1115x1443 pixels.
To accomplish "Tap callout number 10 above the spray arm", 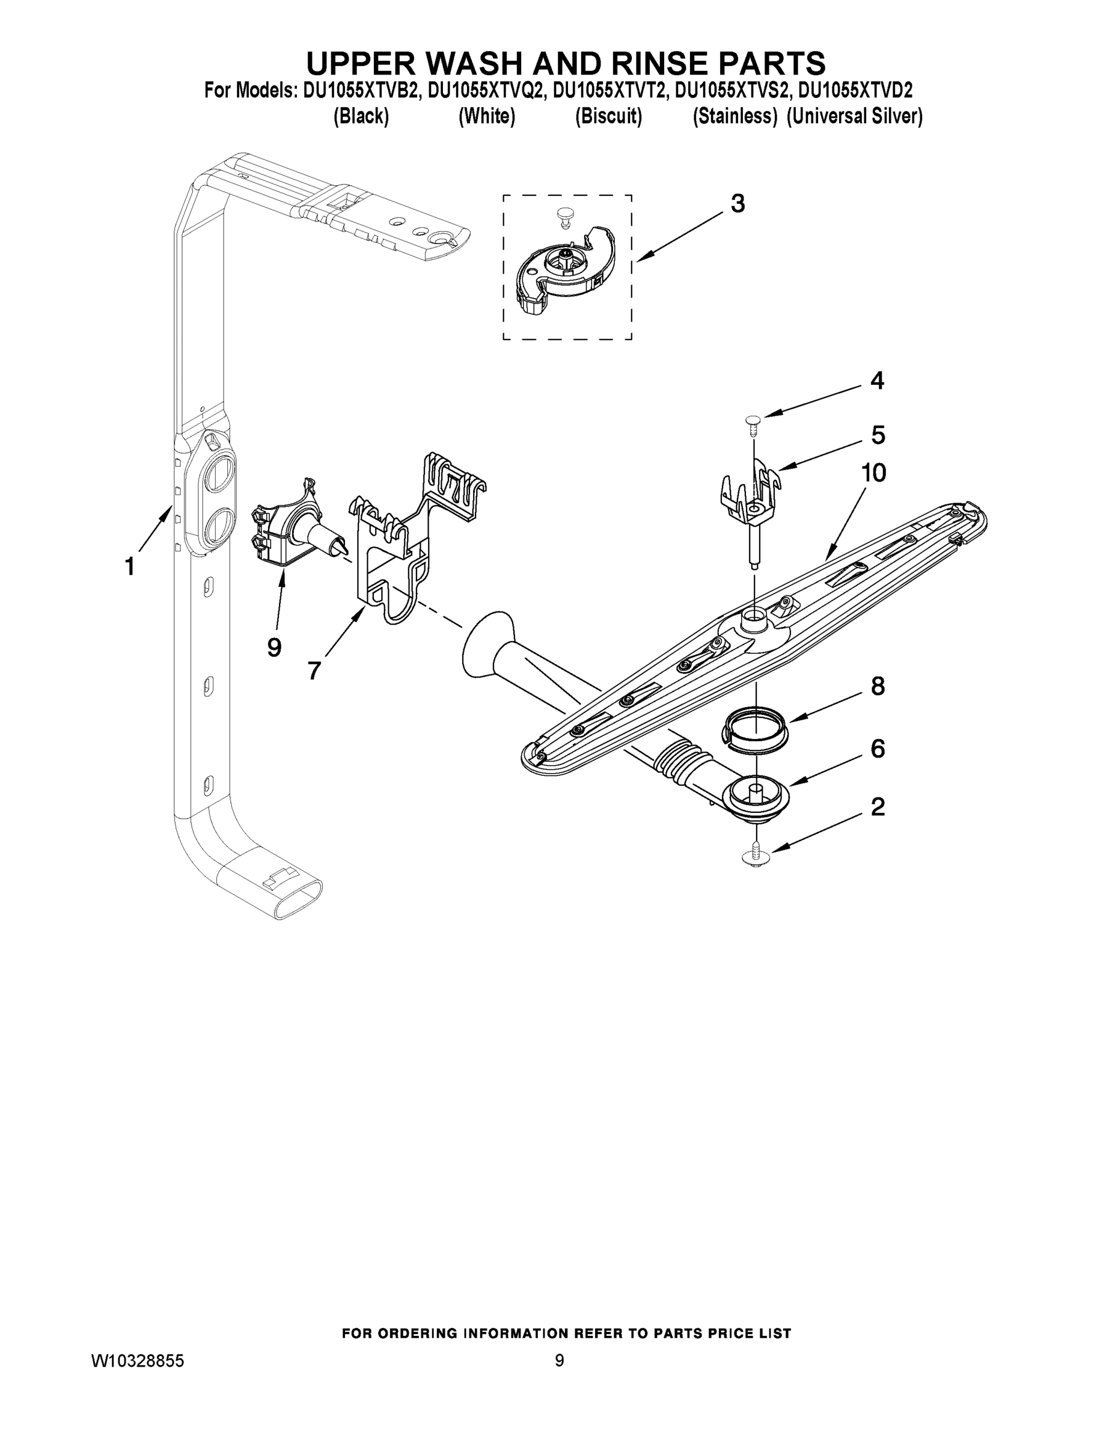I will tap(873, 473).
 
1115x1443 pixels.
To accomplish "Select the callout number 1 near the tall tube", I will tap(130, 566).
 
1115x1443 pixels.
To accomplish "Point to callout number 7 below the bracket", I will tap(314, 670).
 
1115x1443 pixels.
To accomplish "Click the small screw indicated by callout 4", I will tap(753, 423).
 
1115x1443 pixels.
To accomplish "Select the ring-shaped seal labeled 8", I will tap(756, 728).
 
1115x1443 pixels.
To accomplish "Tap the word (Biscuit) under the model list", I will tap(608, 117).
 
